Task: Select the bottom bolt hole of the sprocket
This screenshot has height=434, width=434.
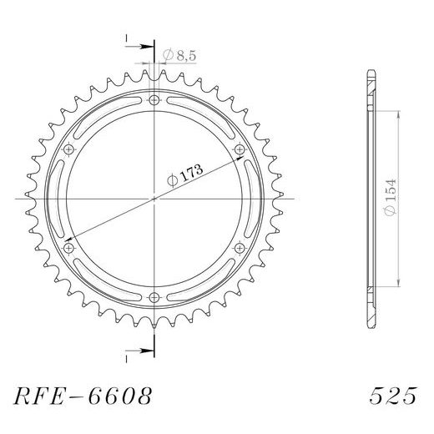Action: [x=155, y=298]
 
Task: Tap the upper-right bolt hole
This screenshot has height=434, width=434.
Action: [x=240, y=149]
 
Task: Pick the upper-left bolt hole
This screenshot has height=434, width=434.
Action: [x=69, y=149]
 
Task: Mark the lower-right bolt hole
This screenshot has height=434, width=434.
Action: [x=240, y=248]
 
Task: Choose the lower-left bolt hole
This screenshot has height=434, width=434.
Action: [x=69, y=248]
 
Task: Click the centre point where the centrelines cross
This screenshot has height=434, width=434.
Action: [x=155, y=199]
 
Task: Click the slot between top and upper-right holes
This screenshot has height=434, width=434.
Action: [x=203, y=114]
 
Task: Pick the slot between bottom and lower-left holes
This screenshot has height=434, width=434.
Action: [x=107, y=283]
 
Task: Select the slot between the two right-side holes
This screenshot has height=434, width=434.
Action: [x=252, y=199]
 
